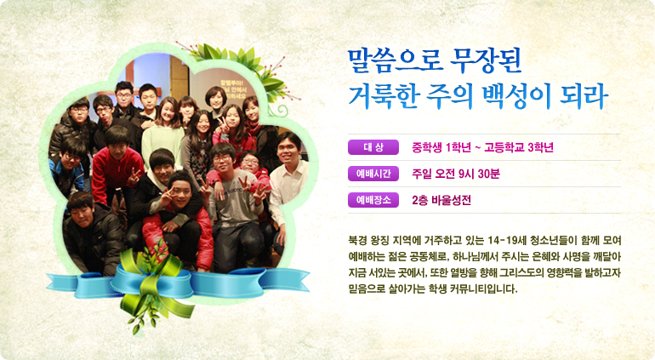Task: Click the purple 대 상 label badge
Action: (373, 147)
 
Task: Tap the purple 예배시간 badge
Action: (373, 174)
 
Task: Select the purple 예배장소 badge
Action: (373, 200)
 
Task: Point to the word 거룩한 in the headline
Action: (384, 96)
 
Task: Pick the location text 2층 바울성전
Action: (441, 201)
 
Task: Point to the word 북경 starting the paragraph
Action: (358, 240)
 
